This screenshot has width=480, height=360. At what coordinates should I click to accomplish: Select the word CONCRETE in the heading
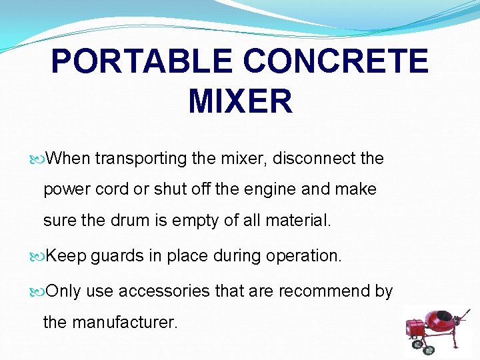(335, 62)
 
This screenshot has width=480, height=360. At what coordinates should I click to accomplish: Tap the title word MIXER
(240, 102)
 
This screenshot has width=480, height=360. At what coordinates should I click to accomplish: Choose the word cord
(112, 189)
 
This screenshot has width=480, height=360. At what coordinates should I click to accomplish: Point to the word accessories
(156, 291)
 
